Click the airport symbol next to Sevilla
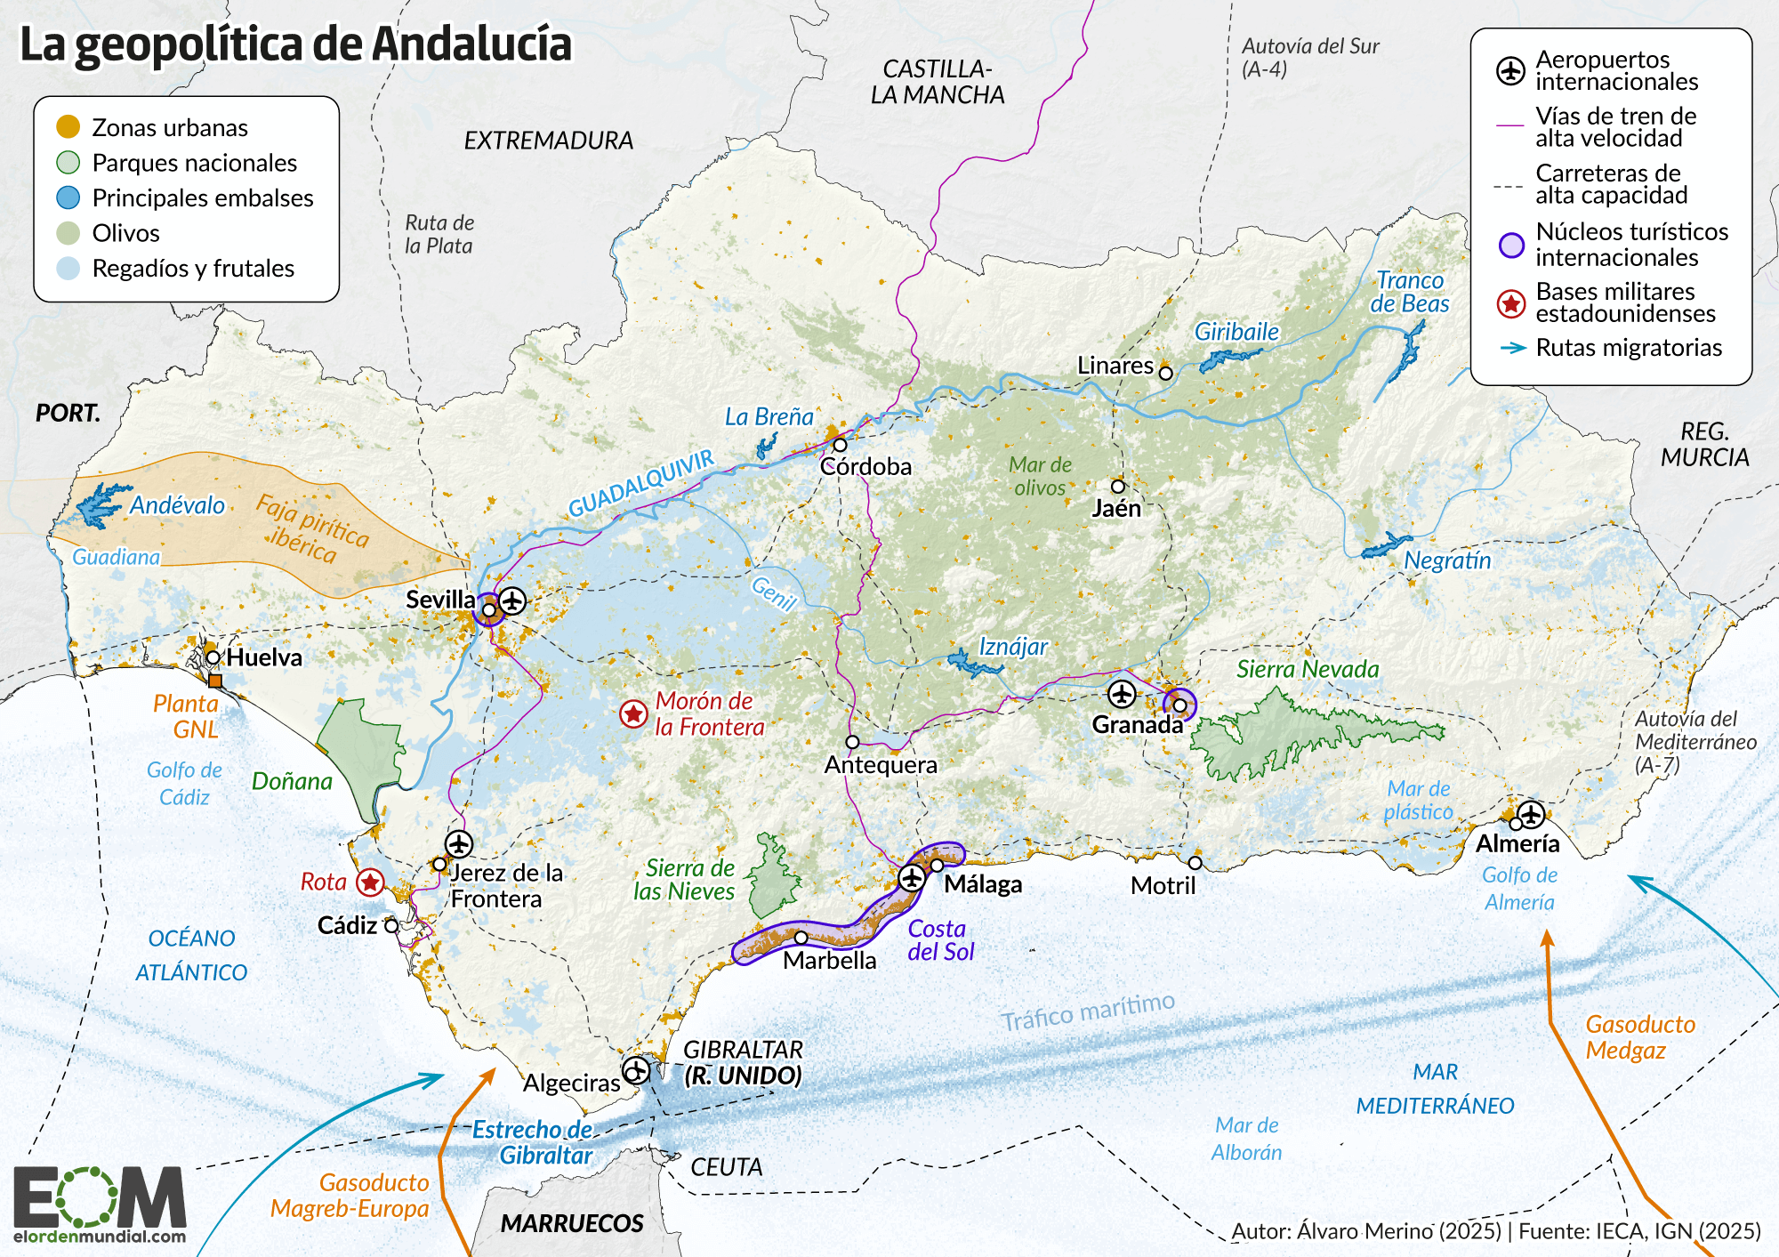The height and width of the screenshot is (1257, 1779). pos(512,600)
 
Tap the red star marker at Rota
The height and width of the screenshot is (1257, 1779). pos(370,882)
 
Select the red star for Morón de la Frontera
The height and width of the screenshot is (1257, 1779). pos(633,713)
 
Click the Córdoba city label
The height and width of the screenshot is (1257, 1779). pos(865,467)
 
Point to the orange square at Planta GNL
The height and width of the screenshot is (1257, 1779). pos(214,681)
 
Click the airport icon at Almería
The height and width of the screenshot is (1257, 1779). pos(1531,814)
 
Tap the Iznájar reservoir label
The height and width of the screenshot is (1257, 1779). pos(1013,647)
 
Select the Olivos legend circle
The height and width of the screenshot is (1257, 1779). pos(68,233)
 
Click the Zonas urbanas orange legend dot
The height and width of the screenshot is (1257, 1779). pos(68,127)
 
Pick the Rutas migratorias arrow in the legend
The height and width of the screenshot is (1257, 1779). pos(1512,348)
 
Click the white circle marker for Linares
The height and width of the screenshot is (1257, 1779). pos(1165,374)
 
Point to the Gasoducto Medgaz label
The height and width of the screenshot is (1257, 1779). pos(1638,1037)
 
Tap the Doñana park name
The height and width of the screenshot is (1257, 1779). pos(292,781)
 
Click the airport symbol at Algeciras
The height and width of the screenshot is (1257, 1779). pos(635,1070)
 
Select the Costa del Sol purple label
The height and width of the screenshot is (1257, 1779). pos(940,940)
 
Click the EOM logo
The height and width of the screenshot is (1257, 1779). pos(100,1204)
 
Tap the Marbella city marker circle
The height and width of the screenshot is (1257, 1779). pos(801,938)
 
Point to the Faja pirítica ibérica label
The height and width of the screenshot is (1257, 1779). pos(311,530)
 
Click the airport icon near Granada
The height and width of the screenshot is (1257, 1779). pos(1122,694)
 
